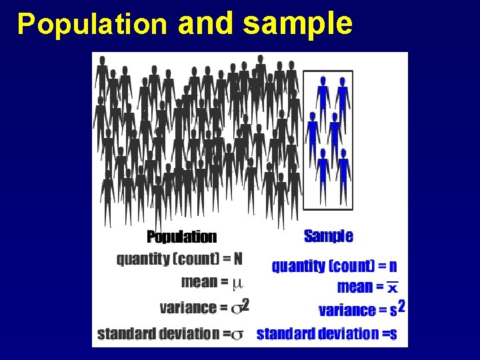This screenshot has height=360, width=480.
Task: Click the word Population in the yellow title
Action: click(92, 24)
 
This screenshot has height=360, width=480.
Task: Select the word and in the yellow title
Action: click(206, 24)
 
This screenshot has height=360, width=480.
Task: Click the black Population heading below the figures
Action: click(181, 237)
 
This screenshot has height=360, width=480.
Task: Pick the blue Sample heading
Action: click(328, 236)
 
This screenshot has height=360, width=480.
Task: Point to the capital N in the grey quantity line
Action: click(238, 259)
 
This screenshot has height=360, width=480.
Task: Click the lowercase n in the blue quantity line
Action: click(392, 266)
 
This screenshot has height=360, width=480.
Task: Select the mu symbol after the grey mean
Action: click(237, 283)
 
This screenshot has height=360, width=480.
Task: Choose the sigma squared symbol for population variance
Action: click(240, 307)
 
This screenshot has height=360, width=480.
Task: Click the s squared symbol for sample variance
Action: click(397, 309)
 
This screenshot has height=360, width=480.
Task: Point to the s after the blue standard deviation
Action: click(393, 334)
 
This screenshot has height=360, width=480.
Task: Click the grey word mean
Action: click(199, 281)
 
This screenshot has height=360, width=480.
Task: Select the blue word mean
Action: click(355, 287)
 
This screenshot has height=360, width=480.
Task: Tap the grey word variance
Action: click(188, 308)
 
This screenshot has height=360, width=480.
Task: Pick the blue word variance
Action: click(347, 310)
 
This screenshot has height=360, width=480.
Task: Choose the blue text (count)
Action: click(351, 266)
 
